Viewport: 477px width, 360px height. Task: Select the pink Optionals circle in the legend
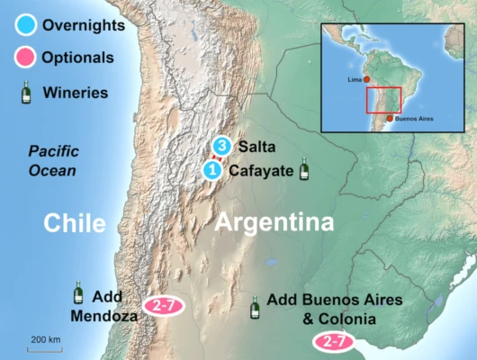click(x=24, y=58)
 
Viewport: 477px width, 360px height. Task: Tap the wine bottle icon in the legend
click(x=24, y=92)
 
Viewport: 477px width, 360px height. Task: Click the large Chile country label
click(x=76, y=223)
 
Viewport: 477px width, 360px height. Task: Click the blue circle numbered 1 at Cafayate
click(x=211, y=168)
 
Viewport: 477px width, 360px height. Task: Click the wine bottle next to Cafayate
click(x=304, y=167)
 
